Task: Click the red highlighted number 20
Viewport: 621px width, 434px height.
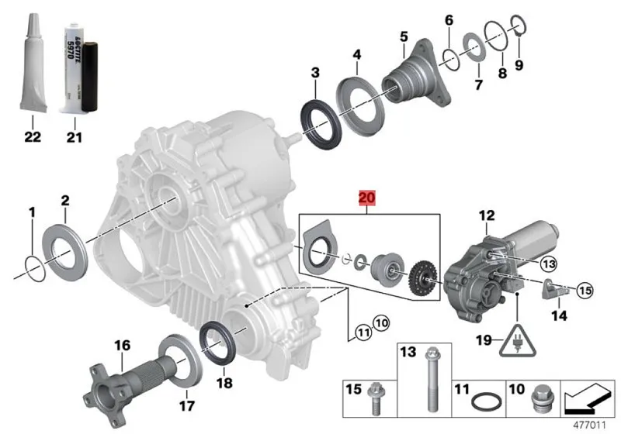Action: [x=366, y=198]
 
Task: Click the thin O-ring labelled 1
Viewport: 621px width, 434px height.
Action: [x=32, y=263]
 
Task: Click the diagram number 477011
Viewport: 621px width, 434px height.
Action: [x=592, y=425]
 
